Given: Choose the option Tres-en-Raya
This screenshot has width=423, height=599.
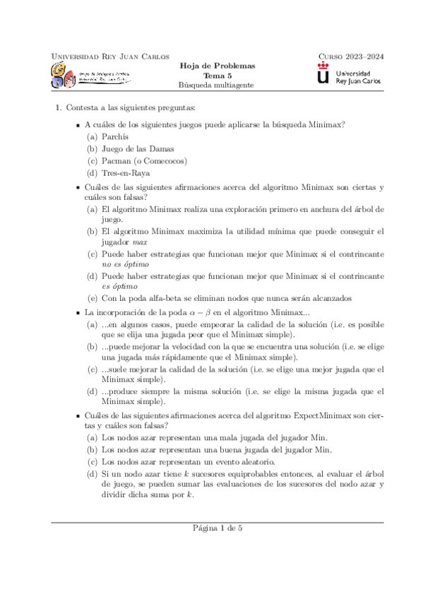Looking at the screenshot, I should coord(126,173).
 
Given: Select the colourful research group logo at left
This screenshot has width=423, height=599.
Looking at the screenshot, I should coord(64,74).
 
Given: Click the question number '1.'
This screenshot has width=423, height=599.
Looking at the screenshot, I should coord(59,107).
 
